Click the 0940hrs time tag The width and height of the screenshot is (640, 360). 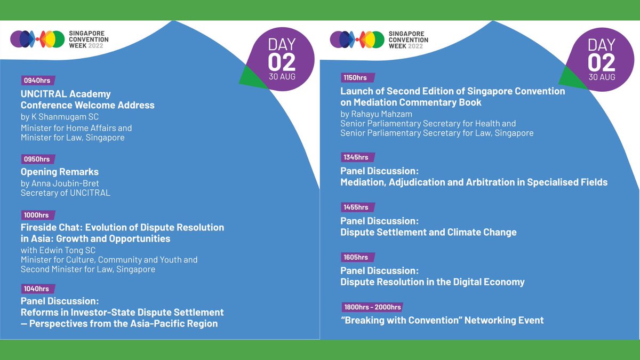[37, 81]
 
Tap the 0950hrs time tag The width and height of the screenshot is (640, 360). [37, 159]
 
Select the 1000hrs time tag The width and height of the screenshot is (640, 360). [36, 215]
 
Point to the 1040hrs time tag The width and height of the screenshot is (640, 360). [36, 289]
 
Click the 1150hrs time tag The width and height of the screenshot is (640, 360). [356, 78]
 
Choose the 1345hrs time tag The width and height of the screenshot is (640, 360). [356, 157]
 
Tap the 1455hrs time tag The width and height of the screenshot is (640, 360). [356, 207]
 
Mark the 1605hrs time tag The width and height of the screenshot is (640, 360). [356, 257]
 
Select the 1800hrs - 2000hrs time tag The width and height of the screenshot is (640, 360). [373, 307]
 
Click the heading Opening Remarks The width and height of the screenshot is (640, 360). [60, 172]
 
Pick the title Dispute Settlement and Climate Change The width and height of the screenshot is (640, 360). [428, 232]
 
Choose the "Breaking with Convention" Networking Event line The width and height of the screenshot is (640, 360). [442, 320]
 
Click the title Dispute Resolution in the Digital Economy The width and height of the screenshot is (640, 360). [433, 282]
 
